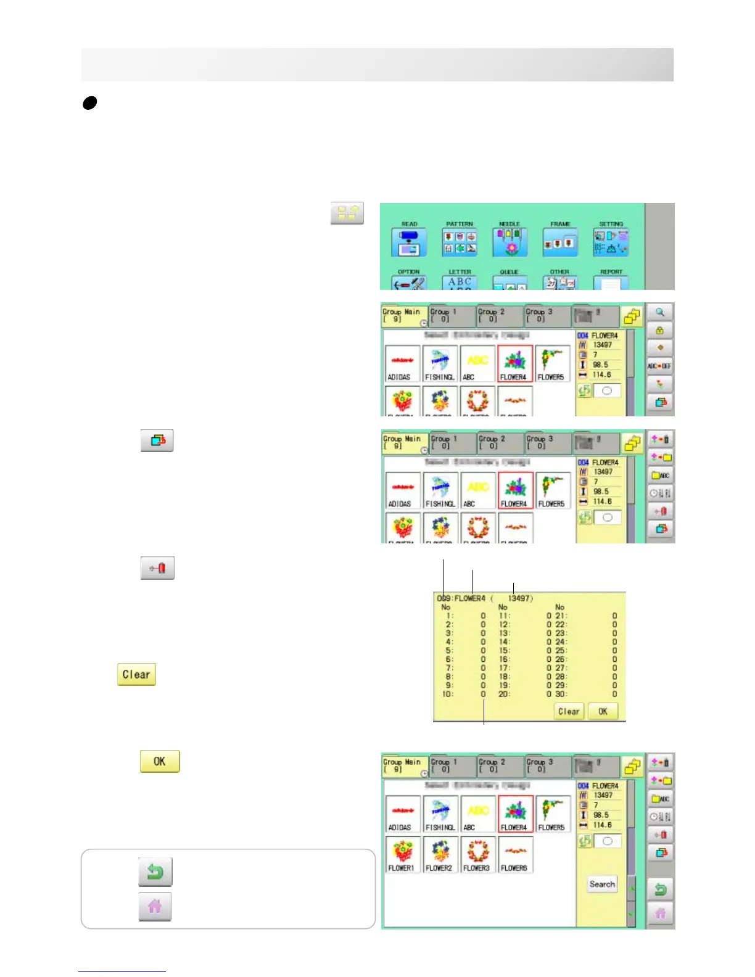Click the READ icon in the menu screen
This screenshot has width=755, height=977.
[x=408, y=242]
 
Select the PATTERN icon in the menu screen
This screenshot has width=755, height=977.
[x=460, y=242]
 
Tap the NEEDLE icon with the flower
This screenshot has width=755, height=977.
[x=510, y=242]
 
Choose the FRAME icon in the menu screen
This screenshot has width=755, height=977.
[x=560, y=242]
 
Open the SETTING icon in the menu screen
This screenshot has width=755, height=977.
[x=611, y=242]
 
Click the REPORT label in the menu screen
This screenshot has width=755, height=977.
[x=611, y=272]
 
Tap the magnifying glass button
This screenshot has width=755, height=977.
[x=660, y=313]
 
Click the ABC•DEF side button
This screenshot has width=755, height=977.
[x=659, y=366]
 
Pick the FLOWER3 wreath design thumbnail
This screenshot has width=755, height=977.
[x=477, y=854]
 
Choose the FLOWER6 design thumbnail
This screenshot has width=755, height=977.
[x=514, y=854]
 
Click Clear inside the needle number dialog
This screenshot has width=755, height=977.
[x=568, y=711]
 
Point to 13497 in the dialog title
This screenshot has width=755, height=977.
[x=520, y=598]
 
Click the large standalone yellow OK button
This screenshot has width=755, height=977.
[x=160, y=761]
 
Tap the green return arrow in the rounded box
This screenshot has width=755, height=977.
[x=155, y=872]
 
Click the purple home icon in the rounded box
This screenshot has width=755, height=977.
[x=155, y=907]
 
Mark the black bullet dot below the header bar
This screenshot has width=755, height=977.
[x=89, y=103]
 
